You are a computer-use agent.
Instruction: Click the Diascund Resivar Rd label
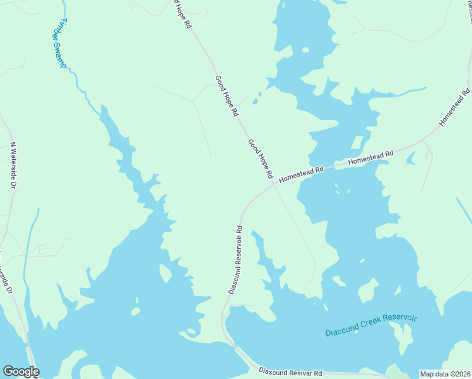(x=290, y=373)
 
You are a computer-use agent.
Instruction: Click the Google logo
(x=21, y=371)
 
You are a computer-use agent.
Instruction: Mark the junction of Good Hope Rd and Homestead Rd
(x=274, y=184)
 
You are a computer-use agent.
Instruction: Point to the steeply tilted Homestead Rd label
(x=455, y=107)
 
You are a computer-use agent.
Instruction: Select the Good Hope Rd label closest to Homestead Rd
(x=260, y=158)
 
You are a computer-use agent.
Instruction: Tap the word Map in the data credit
(x=427, y=374)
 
